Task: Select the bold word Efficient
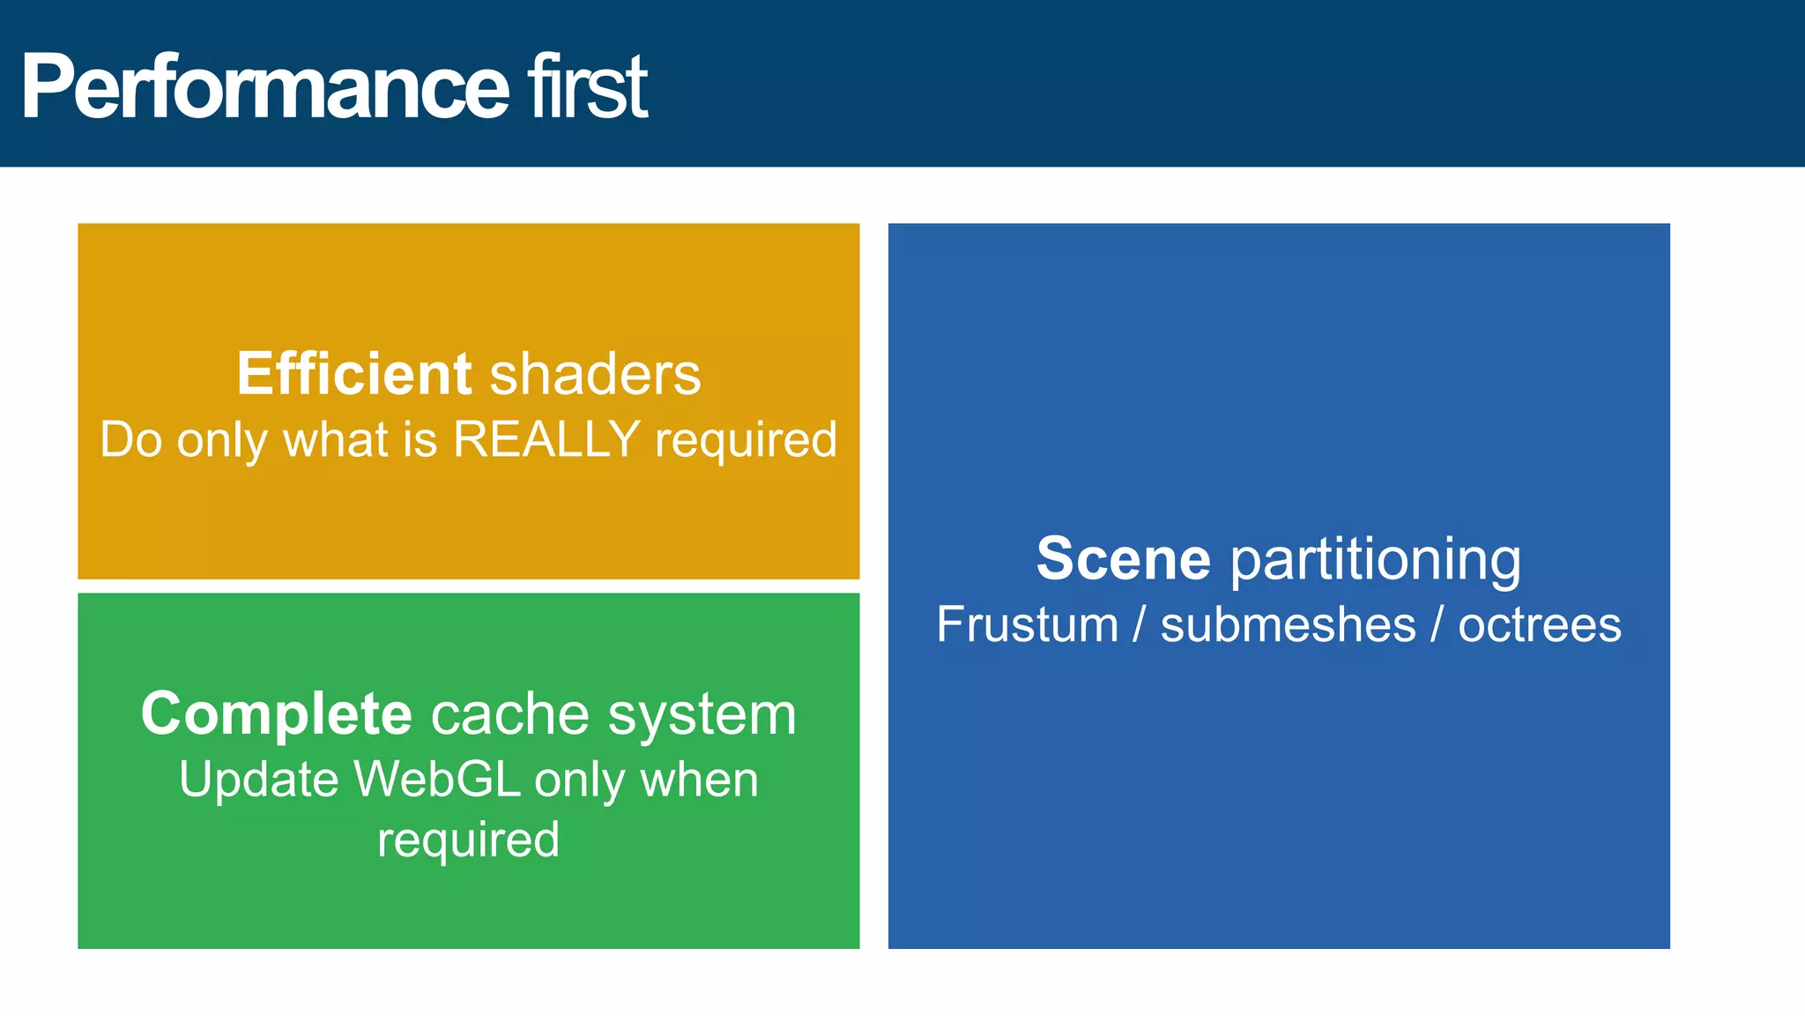coord(354,374)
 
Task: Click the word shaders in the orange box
coord(595,374)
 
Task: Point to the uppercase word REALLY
coord(546,439)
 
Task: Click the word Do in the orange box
coord(130,439)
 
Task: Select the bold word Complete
coord(276,713)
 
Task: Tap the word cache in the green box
coord(509,713)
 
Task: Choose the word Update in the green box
coord(258,780)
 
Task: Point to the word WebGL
coord(437,780)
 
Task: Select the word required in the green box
coord(468,840)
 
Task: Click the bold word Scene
coord(1124,558)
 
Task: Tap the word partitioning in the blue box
coord(1376,560)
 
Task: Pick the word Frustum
coord(1027,624)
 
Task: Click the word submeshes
coord(1288,624)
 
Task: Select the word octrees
coord(1539,624)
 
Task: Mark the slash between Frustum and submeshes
coord(1140,624)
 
